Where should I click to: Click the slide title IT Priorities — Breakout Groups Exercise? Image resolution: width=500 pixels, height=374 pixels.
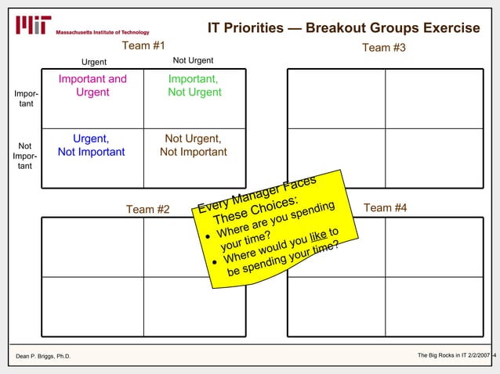point(343,28)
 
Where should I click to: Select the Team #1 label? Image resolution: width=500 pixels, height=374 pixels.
point(143,47)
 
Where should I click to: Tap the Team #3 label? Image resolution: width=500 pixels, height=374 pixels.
point(383,49)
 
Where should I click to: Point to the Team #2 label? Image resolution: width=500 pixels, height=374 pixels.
point(148,209)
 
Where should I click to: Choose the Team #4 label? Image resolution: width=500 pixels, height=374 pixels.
point(385,207)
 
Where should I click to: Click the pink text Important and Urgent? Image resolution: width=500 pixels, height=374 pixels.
point(92,86)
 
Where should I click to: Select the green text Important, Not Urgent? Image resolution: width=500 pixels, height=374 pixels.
point(194,86)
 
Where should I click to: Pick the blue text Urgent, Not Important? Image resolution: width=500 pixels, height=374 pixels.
point(91,146)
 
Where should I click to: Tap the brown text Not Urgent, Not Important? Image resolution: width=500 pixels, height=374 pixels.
point(194,146)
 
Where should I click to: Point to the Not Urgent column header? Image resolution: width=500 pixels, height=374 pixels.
point(193,61)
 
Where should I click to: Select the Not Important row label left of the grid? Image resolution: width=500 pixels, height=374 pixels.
point(24,156)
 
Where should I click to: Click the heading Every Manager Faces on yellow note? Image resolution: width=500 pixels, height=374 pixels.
point(257,195)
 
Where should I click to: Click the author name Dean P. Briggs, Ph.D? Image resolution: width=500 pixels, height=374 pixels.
point(43,357)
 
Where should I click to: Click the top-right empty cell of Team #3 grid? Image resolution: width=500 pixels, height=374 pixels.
point(433,99)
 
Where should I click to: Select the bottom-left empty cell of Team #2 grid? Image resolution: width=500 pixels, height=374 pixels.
point(92,306)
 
